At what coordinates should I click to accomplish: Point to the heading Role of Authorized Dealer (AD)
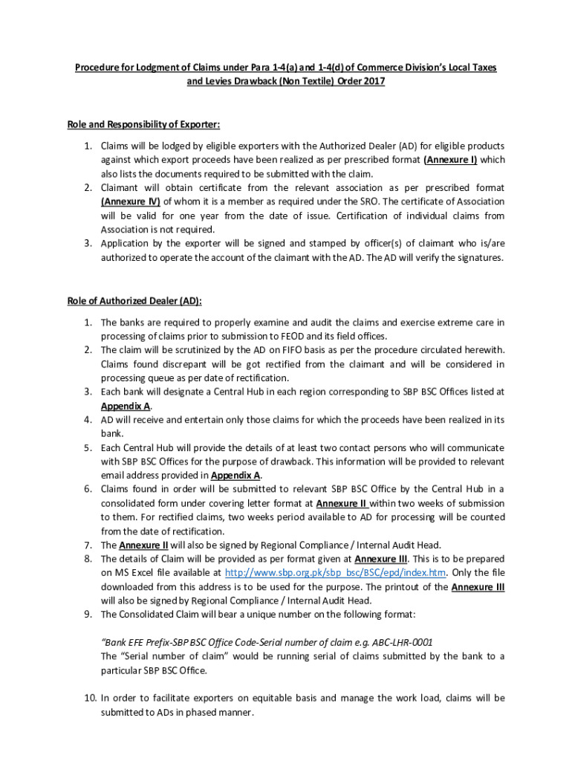pos(134,300)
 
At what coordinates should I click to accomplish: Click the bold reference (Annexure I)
pos(450,160)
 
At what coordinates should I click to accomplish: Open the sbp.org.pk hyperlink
pos(335,572)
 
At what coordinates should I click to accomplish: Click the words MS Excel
pos(134,572)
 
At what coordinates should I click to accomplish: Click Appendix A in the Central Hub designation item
pos(126,406)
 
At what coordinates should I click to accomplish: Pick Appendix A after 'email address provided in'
pos(235,475)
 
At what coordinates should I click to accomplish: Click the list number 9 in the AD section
pos(87,614)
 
